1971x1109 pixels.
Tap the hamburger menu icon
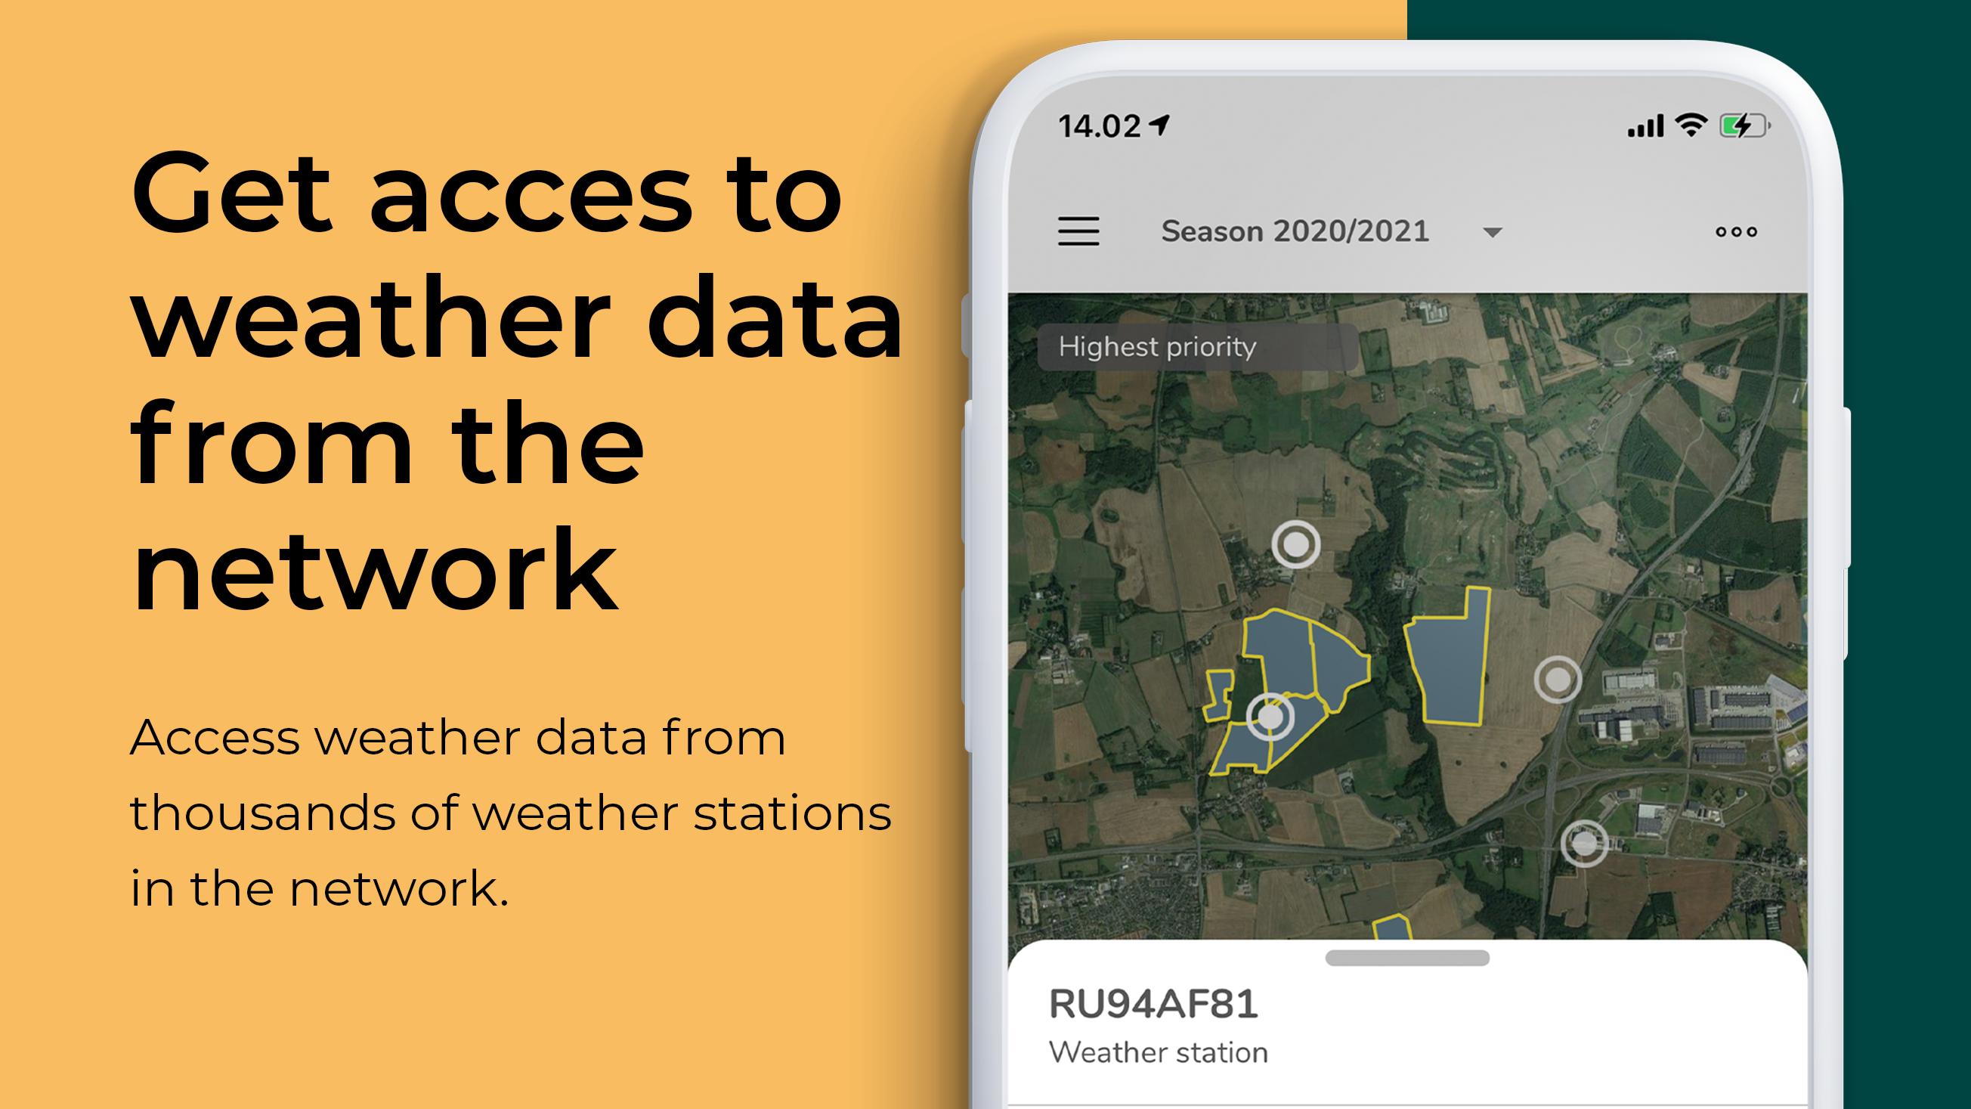click(1078, 231)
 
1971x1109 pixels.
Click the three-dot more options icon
click(1736, 232)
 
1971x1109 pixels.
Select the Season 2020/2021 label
click(1295, 231)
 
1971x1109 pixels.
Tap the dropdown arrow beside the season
click(1492, 232)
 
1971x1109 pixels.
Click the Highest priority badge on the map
click(1159, 347)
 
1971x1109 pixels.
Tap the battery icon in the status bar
click(1744, 125)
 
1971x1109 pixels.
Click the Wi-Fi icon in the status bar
click(1691, 125)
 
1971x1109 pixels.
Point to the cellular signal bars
click(1645, 126)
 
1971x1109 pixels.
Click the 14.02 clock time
click(1100, 126)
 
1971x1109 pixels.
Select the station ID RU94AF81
click(1153, 1003)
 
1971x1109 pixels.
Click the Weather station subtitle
click(1159, 1052)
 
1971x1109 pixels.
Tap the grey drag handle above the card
click(1407, 958)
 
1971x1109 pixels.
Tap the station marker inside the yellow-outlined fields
click(1270, 717)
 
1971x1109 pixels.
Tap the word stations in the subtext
click(792, 813)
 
